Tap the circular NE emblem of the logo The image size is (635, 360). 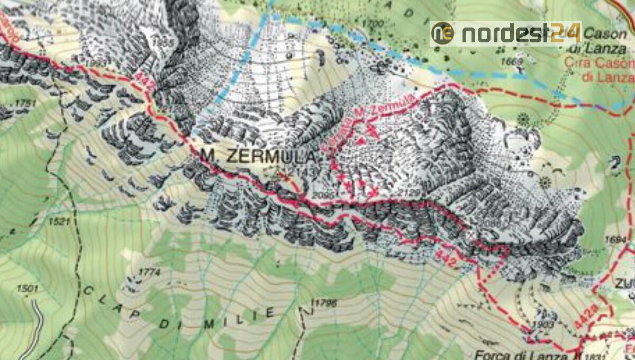point(443,33)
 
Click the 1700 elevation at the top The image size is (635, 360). point(374,24)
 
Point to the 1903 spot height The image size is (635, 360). point(543,325)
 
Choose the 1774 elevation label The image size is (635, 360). point(149,272)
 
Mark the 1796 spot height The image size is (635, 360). point(325,303)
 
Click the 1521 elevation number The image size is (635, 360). point(59,222)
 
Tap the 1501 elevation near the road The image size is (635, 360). point(28,289)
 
